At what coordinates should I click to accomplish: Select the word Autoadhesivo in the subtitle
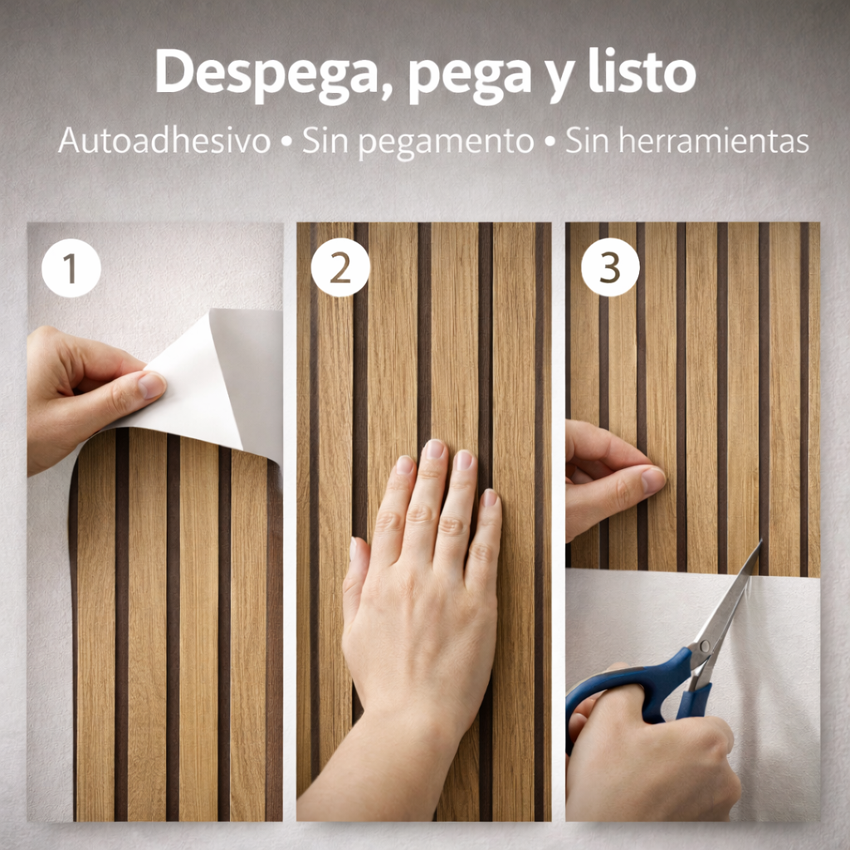click(164, 141)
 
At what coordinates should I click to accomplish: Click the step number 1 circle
click(71, 268)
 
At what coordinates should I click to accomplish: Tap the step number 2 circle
click(340, 268)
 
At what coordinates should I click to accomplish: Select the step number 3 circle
click(610, 268)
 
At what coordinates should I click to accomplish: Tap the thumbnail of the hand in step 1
click(151, 384)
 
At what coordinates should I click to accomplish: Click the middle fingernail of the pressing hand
click(435, 449)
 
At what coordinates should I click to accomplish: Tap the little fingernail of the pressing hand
click(491, 497)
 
